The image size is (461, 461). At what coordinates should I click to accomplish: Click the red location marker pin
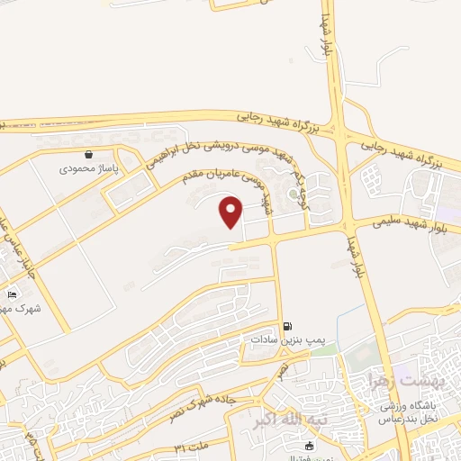tap(231, 212)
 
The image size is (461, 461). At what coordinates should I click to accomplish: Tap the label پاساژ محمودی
tap(84, 168)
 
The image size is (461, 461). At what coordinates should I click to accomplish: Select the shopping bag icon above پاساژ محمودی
tap(87, 154)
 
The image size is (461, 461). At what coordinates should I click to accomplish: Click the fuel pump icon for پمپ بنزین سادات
tap(287, 326)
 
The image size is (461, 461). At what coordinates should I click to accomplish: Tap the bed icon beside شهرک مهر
tap(12, 294)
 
